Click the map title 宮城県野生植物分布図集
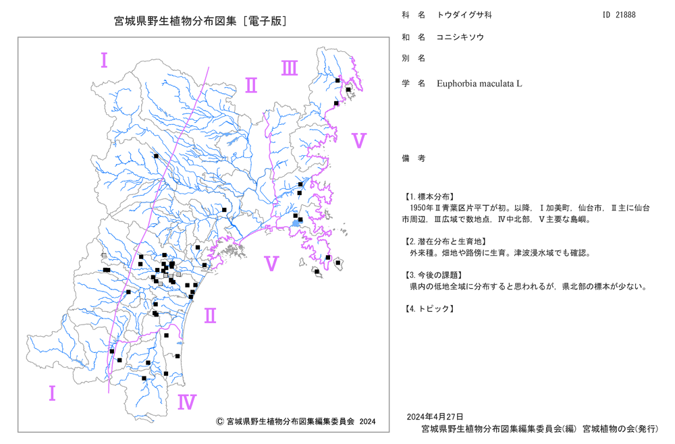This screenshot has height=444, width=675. point(175,21)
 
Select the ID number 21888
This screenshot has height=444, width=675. point(626,15)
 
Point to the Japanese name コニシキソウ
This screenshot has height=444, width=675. point(460,37)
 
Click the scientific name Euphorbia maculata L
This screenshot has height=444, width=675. point(479,84)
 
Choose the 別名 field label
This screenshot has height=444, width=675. point(414,58)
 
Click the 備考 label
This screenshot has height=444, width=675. point(414,159)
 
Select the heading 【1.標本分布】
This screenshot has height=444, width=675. point(429,196)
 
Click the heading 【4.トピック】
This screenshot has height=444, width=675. point(429,308)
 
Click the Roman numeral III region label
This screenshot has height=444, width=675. point(290,68)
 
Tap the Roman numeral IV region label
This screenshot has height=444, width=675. point(187,402)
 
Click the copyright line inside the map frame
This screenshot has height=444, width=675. point(296,422)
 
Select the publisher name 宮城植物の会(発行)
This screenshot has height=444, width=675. point(620,429)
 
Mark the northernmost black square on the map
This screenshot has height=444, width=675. point(337,80)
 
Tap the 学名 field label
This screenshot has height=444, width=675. point(414,84)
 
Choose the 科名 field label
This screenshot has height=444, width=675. point(414,15)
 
